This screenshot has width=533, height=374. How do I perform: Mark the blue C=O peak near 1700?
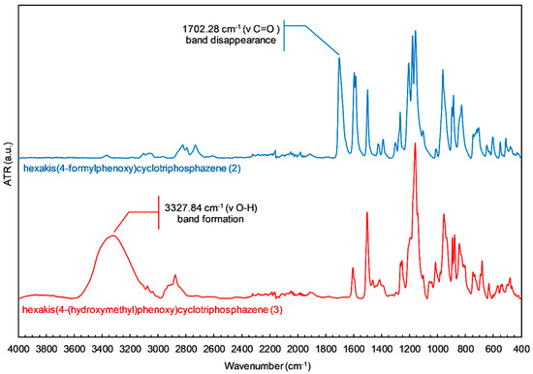(x=339, y=58)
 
